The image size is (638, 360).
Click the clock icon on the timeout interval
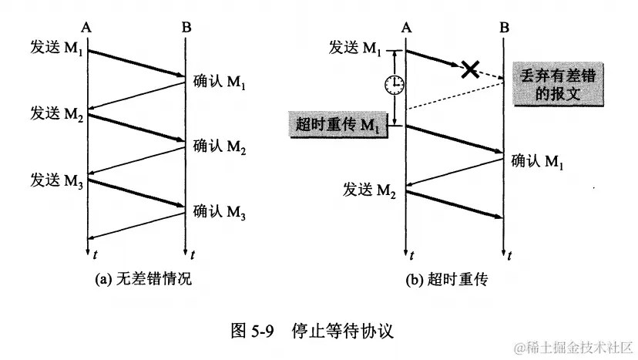click(395, 85)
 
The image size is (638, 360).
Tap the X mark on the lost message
click(469, 69)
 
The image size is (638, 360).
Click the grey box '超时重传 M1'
click(337, 124)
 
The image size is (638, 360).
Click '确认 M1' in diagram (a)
click(219, 82)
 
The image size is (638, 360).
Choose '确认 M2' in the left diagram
click(219, 146)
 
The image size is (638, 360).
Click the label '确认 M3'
click(219, 210)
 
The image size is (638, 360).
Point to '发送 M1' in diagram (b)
click(356, 49)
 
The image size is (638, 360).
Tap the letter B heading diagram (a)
click(186, 28)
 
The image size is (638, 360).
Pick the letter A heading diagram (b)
click(406, 28)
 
